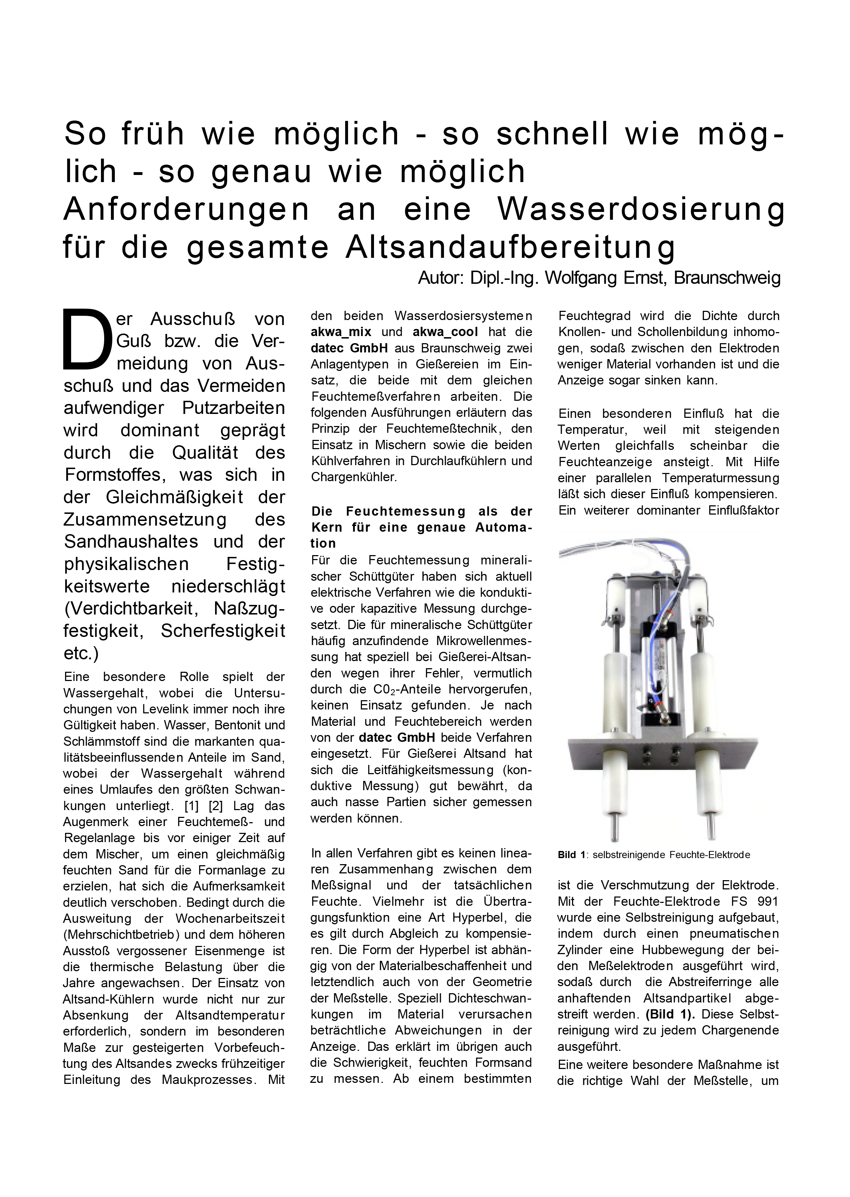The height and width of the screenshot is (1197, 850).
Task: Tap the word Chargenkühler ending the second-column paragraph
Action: [x=354, y=477]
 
